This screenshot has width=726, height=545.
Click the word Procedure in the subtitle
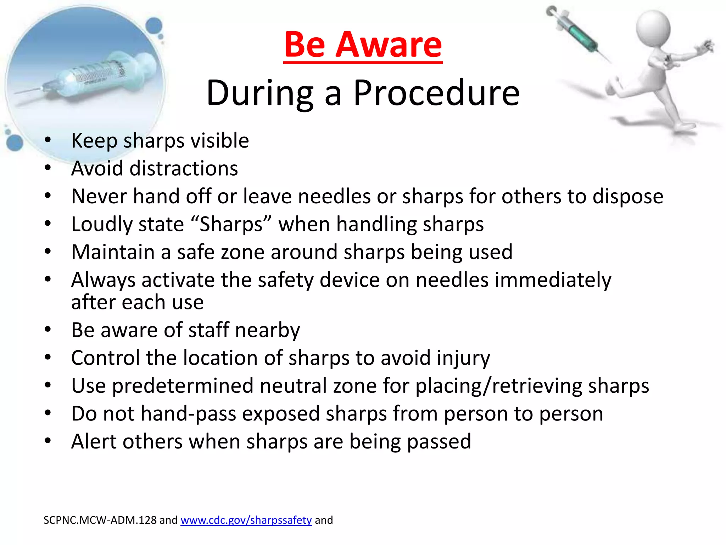[436, 93]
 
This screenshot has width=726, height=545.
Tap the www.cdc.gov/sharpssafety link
[246, 520]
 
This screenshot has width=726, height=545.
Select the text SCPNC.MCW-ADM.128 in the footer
[100, 520]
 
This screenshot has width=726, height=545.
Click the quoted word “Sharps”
[231, 224]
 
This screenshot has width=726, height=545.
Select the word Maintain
[113, 252]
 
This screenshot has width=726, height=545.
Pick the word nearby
[267, 330]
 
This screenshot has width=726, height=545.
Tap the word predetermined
[183, 386]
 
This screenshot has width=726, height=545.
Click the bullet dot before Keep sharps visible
[48, 140]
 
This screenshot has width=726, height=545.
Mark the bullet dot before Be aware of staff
[48, 329]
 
